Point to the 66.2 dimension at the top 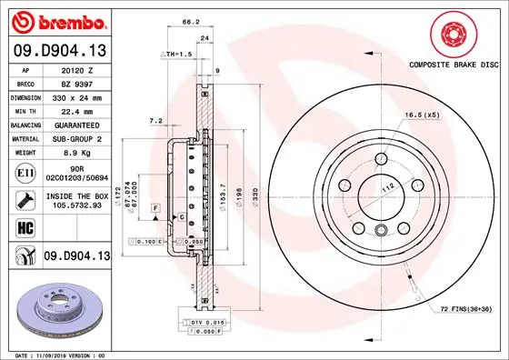point(190,23)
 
